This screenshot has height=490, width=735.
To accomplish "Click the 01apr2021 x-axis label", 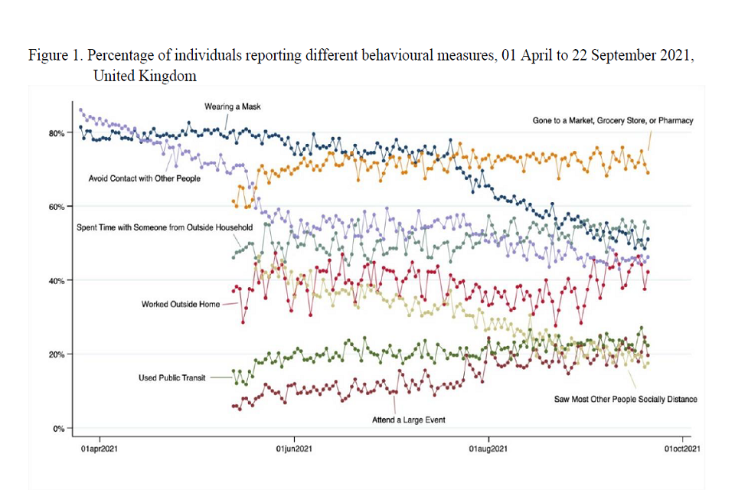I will point(100,449).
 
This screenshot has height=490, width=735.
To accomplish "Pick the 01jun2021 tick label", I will point(294,449).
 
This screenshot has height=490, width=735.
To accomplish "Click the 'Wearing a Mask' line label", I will point(233,106).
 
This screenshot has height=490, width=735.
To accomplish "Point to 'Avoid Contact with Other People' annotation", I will point(145,178).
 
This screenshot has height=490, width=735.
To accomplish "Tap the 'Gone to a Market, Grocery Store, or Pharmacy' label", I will point(612,120).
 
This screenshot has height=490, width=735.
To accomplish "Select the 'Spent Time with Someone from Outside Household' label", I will point(154,227).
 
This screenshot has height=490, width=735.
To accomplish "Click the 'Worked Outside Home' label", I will point(181,304).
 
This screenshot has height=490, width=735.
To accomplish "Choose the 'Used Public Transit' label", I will point(172,377).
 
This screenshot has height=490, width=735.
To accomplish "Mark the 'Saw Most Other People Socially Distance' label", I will point(626,399).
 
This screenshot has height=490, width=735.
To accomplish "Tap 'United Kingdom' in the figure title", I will point(145,76).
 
